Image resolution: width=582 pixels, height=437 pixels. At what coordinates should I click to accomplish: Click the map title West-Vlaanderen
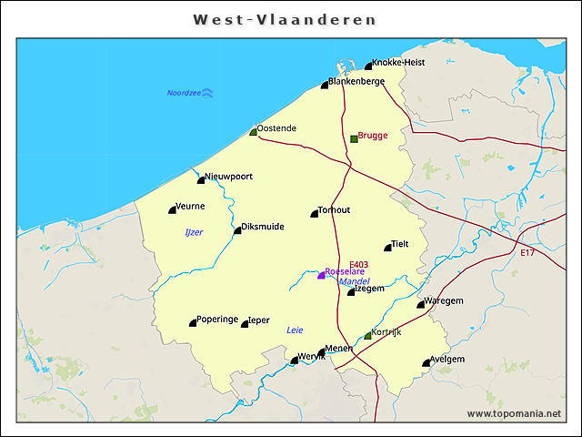(285, 19)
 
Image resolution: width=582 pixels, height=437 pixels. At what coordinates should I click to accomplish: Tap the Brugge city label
(373, 135)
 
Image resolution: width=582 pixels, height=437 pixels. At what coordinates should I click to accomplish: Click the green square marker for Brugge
(354, 138)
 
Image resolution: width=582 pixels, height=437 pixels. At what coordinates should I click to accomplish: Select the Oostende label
(276, 128)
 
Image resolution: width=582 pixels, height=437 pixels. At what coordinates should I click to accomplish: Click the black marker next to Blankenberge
(325, 85)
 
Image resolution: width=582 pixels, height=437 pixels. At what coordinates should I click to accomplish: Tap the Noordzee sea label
(183, 93)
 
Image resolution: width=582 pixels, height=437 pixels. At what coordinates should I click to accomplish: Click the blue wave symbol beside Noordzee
(207, 93)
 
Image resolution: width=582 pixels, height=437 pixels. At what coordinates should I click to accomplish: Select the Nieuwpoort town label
(228, 176)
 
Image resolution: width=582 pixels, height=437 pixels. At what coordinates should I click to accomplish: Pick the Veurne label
(190, 206)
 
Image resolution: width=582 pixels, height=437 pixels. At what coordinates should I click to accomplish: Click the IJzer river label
(194, 232)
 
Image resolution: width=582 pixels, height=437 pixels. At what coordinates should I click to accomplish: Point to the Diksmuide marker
(237, 230)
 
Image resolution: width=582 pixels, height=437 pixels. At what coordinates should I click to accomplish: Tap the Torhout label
(334, 209)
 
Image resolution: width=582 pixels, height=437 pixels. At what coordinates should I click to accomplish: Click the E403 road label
(358, 263)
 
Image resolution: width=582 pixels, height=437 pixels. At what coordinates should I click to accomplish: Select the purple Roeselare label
(345, 271)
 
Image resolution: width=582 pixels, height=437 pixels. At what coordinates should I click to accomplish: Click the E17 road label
(527, 252)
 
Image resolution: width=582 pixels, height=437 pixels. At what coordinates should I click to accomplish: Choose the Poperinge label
(217, 319)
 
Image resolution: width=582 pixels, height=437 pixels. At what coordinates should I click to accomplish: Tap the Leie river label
(294, 329)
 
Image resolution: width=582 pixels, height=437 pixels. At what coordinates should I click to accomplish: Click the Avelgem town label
(448, 359)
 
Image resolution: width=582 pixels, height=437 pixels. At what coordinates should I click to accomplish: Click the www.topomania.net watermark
(514, 413)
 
